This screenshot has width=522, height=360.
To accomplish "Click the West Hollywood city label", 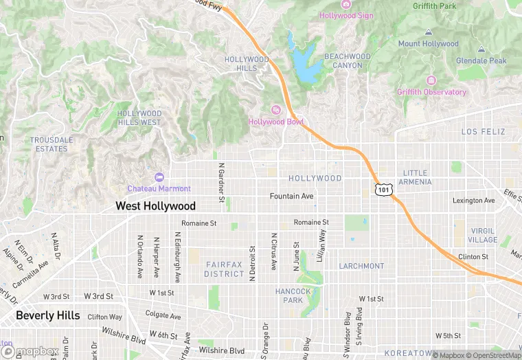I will pos(155,206).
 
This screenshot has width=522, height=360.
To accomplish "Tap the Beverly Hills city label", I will pos(48,316).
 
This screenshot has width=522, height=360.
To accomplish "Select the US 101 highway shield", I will pos(384,188).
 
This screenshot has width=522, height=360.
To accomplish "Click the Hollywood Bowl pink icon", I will pos(276,110).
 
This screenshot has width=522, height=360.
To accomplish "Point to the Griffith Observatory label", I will pos(431,92).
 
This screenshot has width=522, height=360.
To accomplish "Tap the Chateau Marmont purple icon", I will pos(159,177).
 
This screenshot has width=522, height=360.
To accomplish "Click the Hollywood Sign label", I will pos(347,15).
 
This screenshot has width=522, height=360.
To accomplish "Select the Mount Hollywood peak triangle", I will pos(429,32).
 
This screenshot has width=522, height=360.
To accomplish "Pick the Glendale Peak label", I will pos(483,60).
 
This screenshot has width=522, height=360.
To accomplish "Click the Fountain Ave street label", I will pos(292,196).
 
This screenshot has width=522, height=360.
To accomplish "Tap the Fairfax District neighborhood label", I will pos(224,269).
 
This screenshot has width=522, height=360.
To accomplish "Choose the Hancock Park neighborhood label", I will pos(293,295).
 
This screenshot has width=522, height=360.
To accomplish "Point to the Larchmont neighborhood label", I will pos(361,266).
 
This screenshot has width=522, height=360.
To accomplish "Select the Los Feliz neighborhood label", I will pos(483,131).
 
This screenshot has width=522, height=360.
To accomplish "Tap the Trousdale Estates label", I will pos(52,144).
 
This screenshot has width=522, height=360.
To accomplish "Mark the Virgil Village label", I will pos(484,235).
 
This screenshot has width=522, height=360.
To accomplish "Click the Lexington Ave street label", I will pos(473,201).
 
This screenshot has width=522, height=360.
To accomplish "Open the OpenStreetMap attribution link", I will pos(495,355).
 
